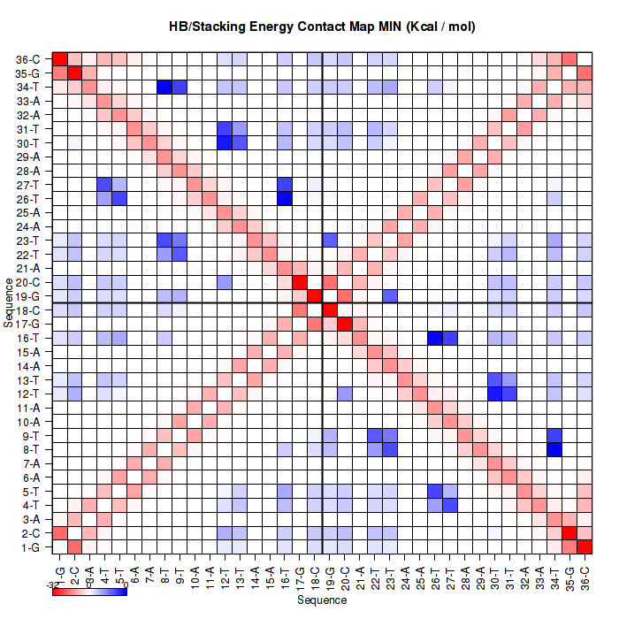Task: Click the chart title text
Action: click(x=323, y=27)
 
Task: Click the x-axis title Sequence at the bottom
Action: click(x=322, y=600)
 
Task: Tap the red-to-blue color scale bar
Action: click(x=89, y=591)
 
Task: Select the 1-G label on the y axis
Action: click(x=30, y=546)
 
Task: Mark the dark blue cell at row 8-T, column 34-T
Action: click(x=554, y=449)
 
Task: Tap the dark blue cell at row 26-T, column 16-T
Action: click(x=284, y=198)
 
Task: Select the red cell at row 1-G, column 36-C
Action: click(x=585, y=546)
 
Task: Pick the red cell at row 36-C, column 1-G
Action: click(x=60, y=59)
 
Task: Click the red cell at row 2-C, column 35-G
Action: click(x=569, y=532)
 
